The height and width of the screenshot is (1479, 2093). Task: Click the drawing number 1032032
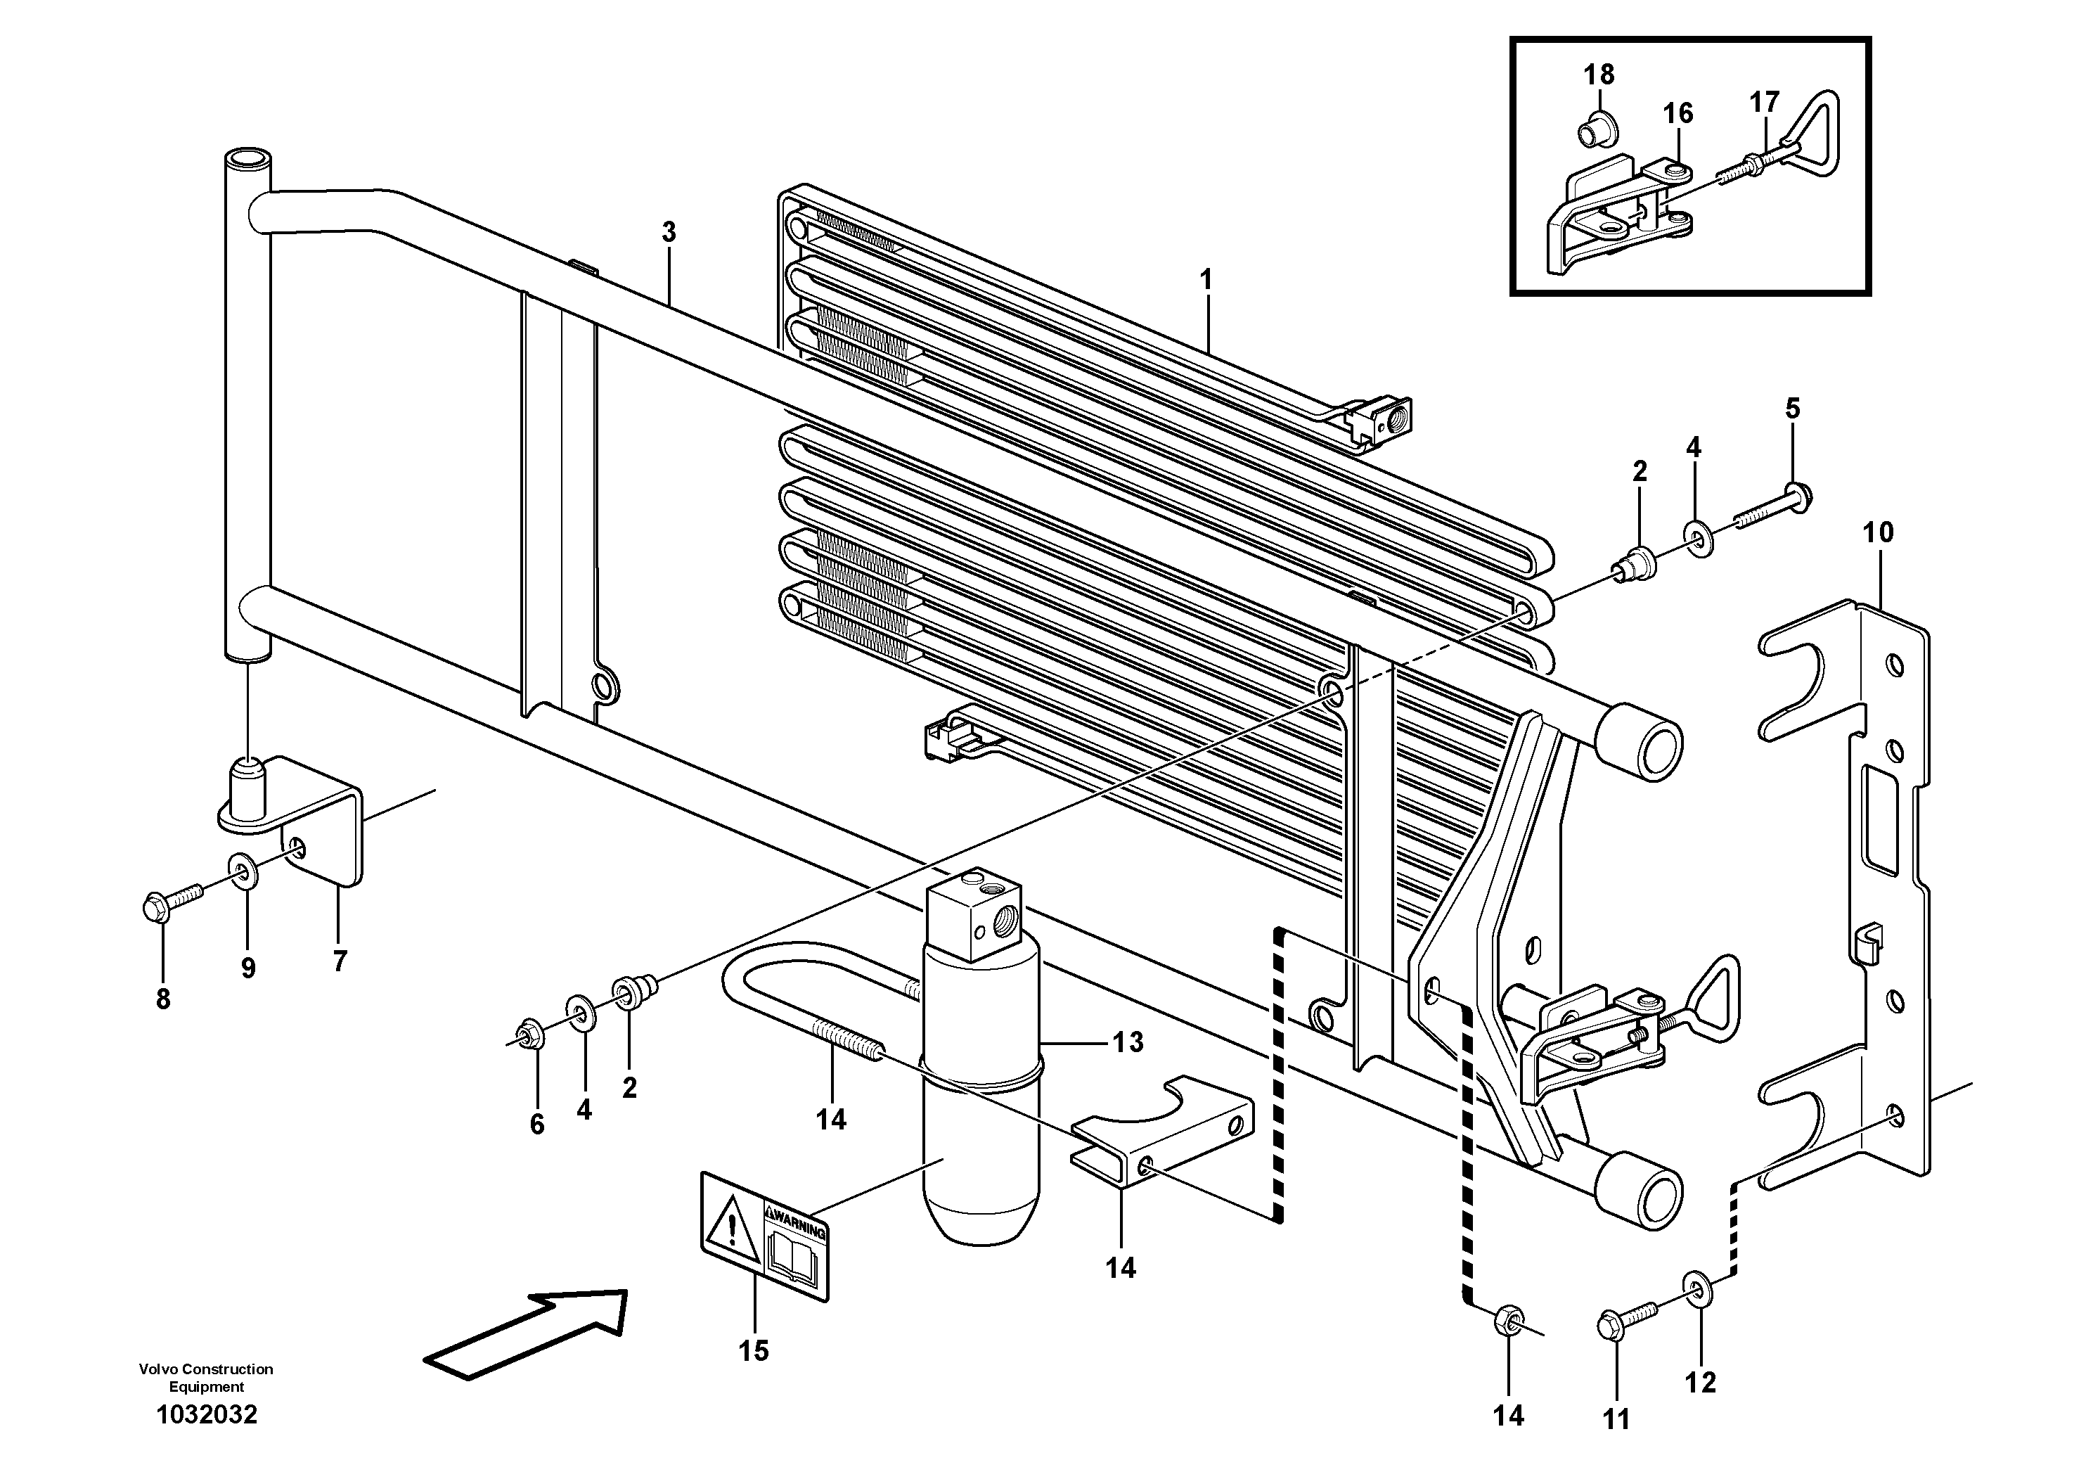(206, 1414)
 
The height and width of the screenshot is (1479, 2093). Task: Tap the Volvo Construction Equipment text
(206, 1377)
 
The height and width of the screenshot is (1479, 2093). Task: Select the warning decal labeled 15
(764, 1235)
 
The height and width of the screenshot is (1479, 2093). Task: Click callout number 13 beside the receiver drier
(1128, 1042)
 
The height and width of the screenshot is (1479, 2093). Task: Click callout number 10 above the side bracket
(1878, 532)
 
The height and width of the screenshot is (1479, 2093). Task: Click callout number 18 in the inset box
(1599, 75)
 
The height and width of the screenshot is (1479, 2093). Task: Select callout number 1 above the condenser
(1206, 280)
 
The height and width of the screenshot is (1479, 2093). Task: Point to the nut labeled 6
(529, 1035)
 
